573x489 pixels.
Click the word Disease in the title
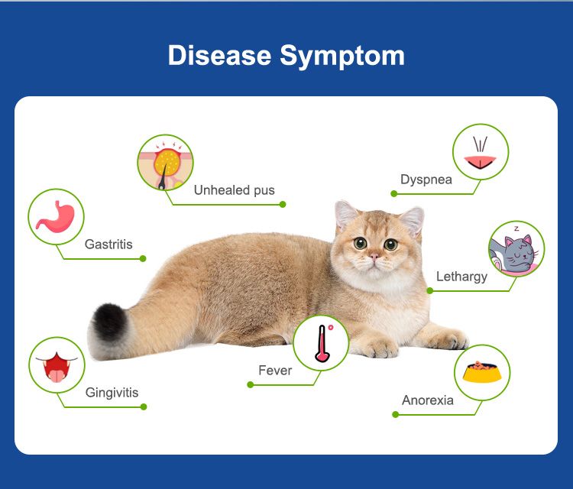click(x=219, y=56)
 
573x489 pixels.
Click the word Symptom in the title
click(x=342, y=56)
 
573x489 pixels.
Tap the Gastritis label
click(x=108, y=244)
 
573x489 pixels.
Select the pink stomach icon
click(x=56, y=216)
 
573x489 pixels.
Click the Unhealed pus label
click(x=234, y=190)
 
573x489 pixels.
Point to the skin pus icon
click(x=166, y=162)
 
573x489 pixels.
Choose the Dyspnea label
click(x=426, y=180)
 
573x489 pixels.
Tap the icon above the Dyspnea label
click(x=481, y=152)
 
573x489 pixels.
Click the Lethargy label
click(x=461, y=277)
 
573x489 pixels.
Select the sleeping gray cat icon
click(x=516, y=249)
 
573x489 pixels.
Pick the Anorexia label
click(x=428, y=400)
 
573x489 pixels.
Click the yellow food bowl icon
click(x=482, y=372)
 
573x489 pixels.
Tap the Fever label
click(x=275, y=371)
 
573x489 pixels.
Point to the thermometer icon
click(x=321, y=342)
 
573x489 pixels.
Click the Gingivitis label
click(x=112, y=393)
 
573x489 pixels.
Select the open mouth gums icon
click(x=56, y=364)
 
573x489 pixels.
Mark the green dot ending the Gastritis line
click(x=143, y=258)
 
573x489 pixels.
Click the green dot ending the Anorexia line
click(x=395, y=414)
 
